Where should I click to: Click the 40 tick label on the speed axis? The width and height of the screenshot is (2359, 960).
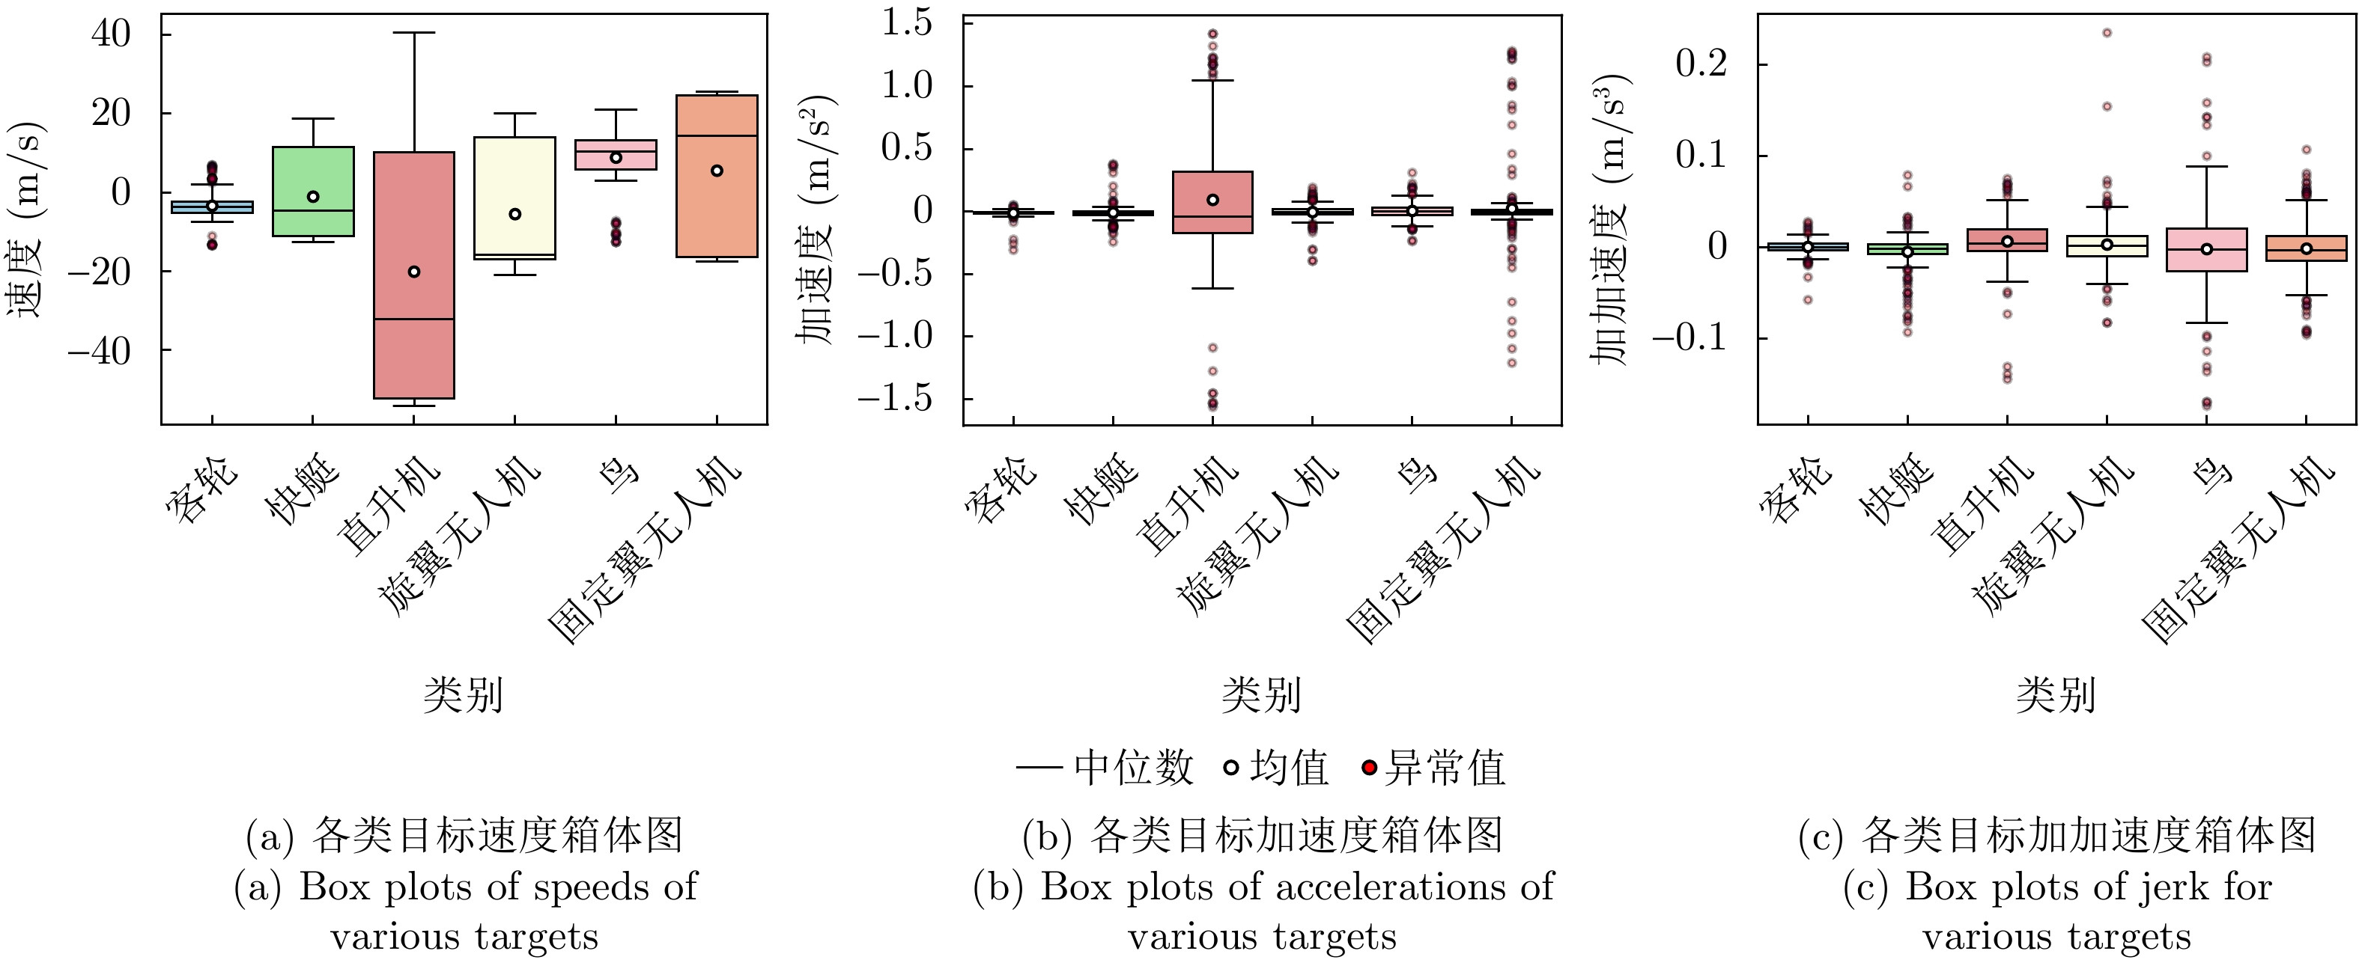111,34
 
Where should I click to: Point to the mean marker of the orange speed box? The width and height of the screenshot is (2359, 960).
717,170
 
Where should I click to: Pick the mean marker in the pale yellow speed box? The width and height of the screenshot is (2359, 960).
514,214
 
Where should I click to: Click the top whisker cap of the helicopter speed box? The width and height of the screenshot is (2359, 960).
414,33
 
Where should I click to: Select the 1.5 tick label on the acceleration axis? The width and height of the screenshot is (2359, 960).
907,23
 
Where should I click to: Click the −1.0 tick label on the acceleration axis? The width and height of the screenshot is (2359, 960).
893,337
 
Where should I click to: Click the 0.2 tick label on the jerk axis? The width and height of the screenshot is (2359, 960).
1701,64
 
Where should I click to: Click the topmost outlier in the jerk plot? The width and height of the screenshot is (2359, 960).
2106,33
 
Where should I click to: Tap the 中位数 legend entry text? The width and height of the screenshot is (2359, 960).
1133,767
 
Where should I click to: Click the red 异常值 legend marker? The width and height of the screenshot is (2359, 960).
1369,767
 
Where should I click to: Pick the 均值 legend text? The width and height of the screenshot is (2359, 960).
1289,767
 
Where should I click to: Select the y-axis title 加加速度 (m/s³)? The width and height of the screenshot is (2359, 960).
1612,220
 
